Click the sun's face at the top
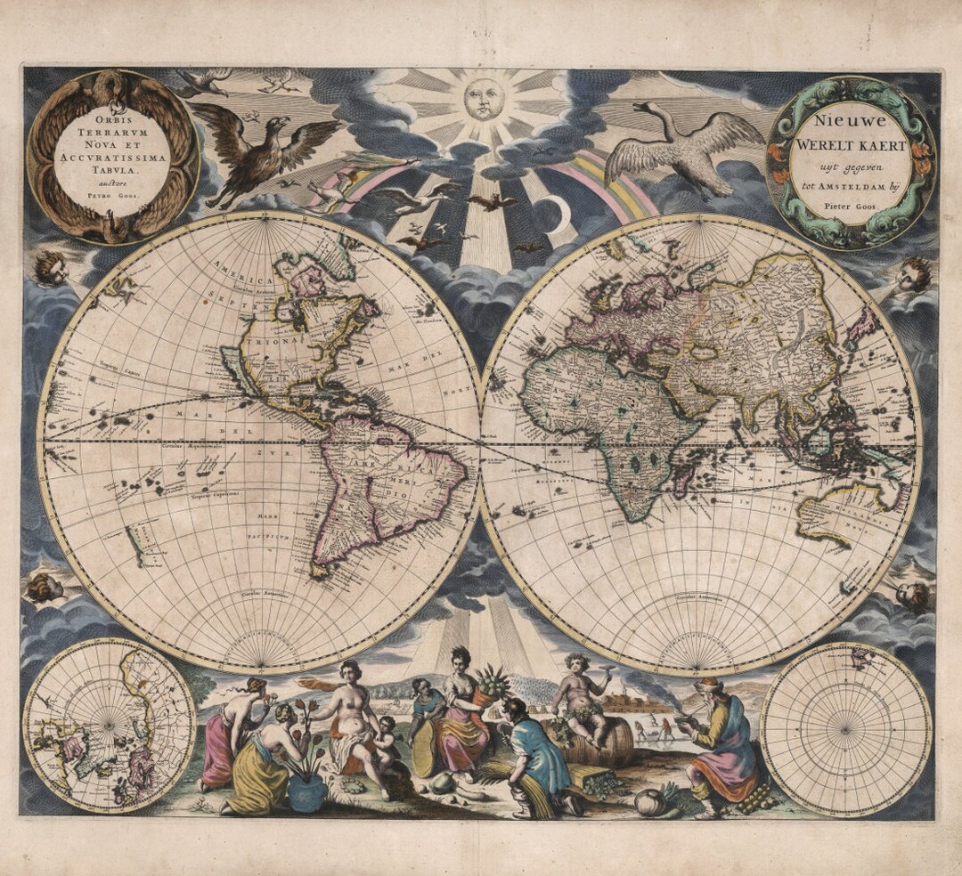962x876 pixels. (x=482, y=99)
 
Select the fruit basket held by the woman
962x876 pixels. (x=490, y=685)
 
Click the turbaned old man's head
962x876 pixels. (x=708, y=687)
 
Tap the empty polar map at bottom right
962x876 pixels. (x=846, y=727)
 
